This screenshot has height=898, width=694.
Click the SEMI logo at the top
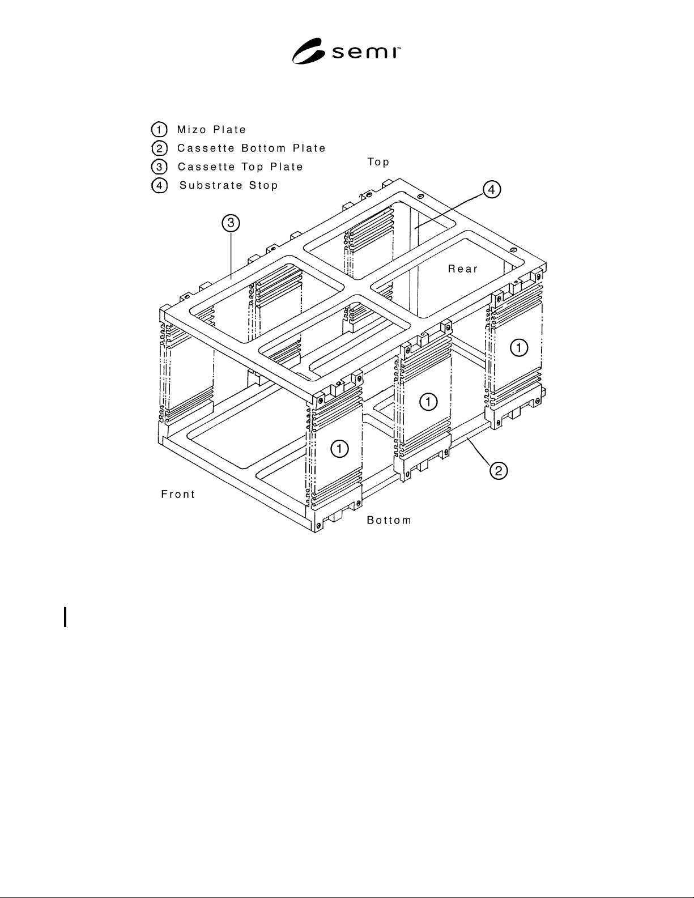click(346, 51)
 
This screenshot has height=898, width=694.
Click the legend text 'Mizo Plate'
click(211, 130)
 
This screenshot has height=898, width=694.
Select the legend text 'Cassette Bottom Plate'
click(251, 148)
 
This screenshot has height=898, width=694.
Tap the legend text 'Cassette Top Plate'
click(240, 167)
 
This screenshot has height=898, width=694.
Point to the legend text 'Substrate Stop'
click(228, 185)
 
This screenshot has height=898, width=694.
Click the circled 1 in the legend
click(159, 130)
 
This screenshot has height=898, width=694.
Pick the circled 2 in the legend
click(159, 148)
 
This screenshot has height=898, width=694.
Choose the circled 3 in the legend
click(159, 167)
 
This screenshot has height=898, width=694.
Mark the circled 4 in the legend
click(159, 185)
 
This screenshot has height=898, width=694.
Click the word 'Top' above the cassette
click(378, 162)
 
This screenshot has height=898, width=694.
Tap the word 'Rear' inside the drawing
click(463, 269)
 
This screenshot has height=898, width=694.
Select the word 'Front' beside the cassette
click(178, 494)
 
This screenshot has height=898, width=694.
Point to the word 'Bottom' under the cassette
click(389, 520)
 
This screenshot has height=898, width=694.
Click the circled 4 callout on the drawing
click(492, 190)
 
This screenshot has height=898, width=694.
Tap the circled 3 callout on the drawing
click(231, 223)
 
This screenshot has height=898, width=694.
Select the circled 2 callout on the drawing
click(499, 471)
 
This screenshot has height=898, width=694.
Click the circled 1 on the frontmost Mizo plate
click(339, 449)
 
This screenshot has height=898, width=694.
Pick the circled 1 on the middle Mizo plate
click(428, 402)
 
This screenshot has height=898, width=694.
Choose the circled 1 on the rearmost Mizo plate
click(520, 347)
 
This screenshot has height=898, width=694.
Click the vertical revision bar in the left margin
click(65, 617)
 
